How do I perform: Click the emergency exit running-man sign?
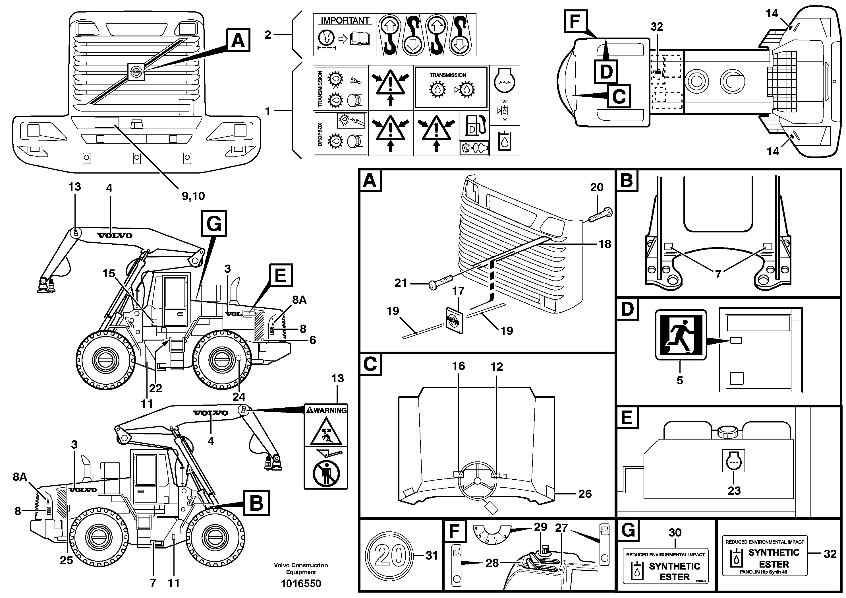pyautogui.click(x=681, y=335)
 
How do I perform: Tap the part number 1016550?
pyautogui.click(x=301, y=583)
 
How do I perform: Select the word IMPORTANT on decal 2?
pyautogui.click(x=345, y=21)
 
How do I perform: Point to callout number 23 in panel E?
pyautogui.click(x=734, y=491)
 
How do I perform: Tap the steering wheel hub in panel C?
pyautogui.click(x=478, y=481)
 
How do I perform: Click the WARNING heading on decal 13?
pyautogui.click(x=326, y=410)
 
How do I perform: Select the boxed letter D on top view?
pyautogui.click(x=606, y=71)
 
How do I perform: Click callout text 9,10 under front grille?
pyautogui.click(x=193, y=196)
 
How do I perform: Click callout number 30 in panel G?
pyautogui.click(x=675, y=532)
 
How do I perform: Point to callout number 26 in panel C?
pyautogui.click(x=584, y=494)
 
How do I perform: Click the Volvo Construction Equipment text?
pyautogui.click(x=301, y=568)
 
